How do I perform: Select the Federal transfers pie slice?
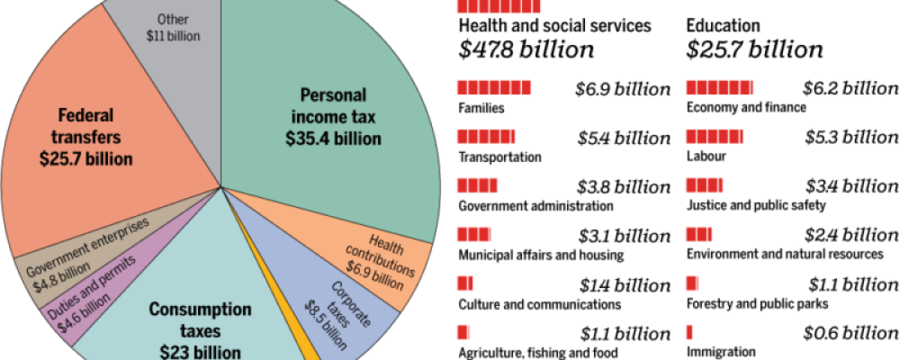(x=99, y=135)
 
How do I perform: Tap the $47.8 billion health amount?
(x=526, y=49)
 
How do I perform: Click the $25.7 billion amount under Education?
(x=754, y=49)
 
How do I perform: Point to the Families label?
(x=481, y=108)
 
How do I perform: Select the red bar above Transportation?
(x=486, y=137)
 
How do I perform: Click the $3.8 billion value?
(x=623, y=187)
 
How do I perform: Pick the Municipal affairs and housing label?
(x=540, y=255)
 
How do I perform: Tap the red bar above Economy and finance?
(x=720, y=88)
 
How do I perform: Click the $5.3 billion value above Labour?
(x=850, y=138)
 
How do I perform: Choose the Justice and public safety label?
(x=755, y=205)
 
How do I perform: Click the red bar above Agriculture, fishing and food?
(x=463, y=333)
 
